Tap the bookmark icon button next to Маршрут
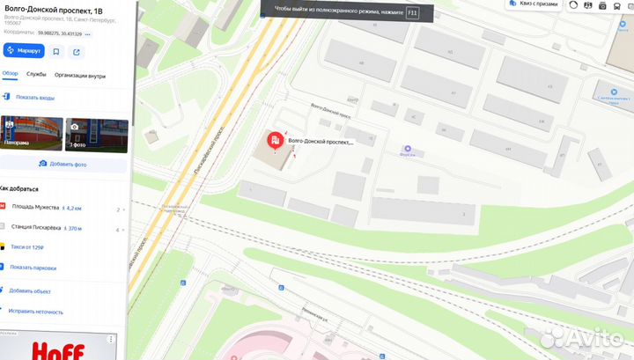tap(56, 51)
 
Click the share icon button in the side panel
tap(77, 51)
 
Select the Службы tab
tap(36, 75)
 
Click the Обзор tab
tap(11, 75)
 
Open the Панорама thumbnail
tap(31, 134)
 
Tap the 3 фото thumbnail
tap(96, 134)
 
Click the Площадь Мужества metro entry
tap(35, 208)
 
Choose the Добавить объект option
tap(31, 290)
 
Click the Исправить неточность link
tap(36, 312)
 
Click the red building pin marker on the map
tap(275, 140)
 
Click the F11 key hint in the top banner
tap(412, 13)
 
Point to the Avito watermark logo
tap(581, 340)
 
